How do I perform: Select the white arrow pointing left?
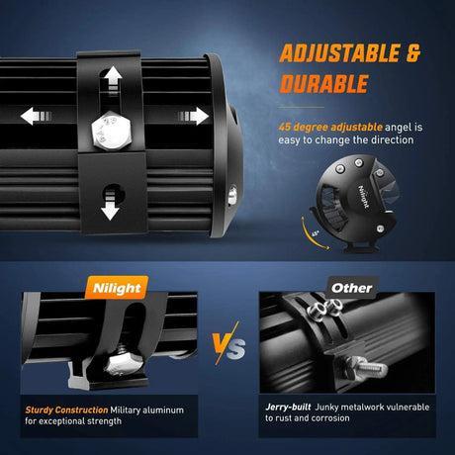(36, 116)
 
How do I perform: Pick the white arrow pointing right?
(194, 116)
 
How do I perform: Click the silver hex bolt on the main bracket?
(112, 131)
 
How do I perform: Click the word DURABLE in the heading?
(323, 84)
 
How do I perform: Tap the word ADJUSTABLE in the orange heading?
(339, 53)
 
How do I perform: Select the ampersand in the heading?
(413, 53)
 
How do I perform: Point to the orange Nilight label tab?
(117, 288)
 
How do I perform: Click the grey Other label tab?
(352, 288)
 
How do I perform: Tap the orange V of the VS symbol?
(223, 345)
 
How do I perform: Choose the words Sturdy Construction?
(66, 410)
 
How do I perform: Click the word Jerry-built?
(288, 408)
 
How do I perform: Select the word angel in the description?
(399, 128)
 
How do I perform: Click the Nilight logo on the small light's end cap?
(363, 197)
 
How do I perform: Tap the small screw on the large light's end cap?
(232, 196)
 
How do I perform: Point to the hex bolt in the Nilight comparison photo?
(124, 362)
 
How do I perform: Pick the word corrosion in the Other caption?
(330, 418)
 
